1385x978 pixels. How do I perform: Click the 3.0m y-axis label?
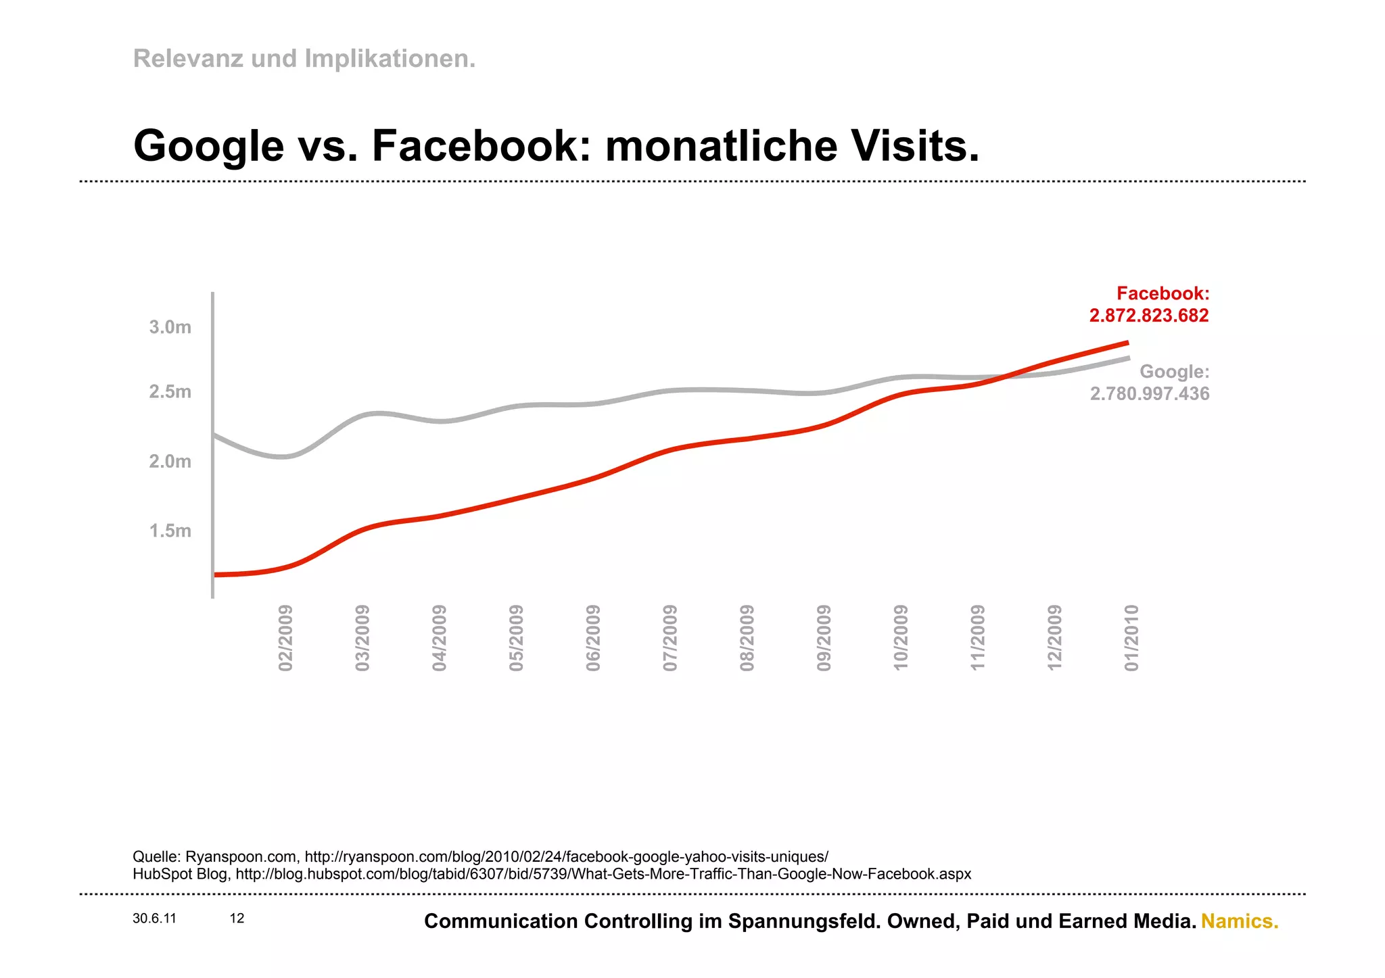click(x=170, y=327)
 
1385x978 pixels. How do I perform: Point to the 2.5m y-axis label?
click(x=170, y=392)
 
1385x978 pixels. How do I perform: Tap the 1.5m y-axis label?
click(x=170, y=531)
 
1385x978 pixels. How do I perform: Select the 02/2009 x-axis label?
click(x=285, y=638)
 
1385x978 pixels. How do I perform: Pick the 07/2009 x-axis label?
click(x=670, y=638)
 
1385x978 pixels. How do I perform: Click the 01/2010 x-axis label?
click(x=1131, y=638)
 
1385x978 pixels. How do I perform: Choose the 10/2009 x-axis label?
click(x=901, y=638)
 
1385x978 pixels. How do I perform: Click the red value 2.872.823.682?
click(x=1148, y=316)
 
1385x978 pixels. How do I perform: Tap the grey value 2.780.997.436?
click(x=1149, y=393)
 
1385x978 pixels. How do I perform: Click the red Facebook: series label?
click(x=1163, y=293)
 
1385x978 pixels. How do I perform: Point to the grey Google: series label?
click(x=1174, y=372)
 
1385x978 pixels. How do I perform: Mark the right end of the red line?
click(x=1127, y=343)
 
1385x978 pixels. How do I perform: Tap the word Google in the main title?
click(x=209, y=146)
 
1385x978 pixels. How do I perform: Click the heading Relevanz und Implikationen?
click(x=304, y=59)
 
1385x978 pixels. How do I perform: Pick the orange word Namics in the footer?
click(x=1239, y=921)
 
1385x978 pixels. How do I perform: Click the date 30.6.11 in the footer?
click(x=154, y=919)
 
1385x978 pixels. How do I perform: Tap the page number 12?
click(x=237, y=919)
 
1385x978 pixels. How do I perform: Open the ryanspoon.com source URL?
click(x=566, y=857)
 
